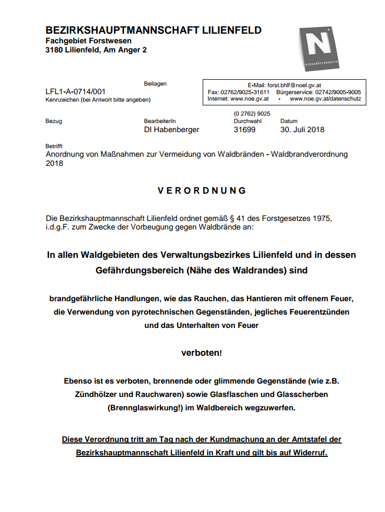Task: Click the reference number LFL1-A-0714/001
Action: pos(75,91)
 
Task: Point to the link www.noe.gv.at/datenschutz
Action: pos(325,99)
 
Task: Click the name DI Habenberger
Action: pos(172,129)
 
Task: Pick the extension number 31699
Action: pos(245,129)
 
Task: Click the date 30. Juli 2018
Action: pos(302,129)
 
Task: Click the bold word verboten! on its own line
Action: pos(201,353)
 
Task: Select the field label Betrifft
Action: pos(54,146)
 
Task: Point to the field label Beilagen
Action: pos(155,84)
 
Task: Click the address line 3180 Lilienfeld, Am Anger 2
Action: pos(96,50)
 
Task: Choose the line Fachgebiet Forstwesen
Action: pos(88,41)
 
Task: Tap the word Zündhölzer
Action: pos(95,395)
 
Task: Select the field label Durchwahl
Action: pos(247,121)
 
